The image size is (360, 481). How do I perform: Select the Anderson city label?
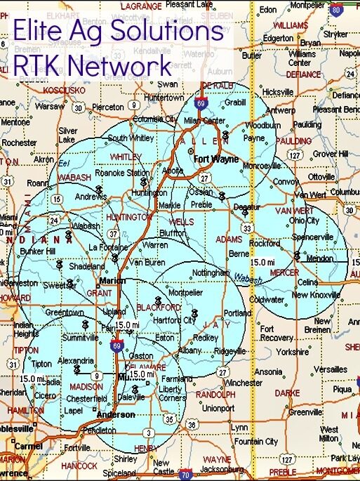(116, 414)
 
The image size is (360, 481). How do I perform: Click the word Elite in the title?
(37, 31)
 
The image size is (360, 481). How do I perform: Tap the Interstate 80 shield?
(336, 10)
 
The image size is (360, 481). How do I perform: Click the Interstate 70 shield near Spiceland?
(185, 475)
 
